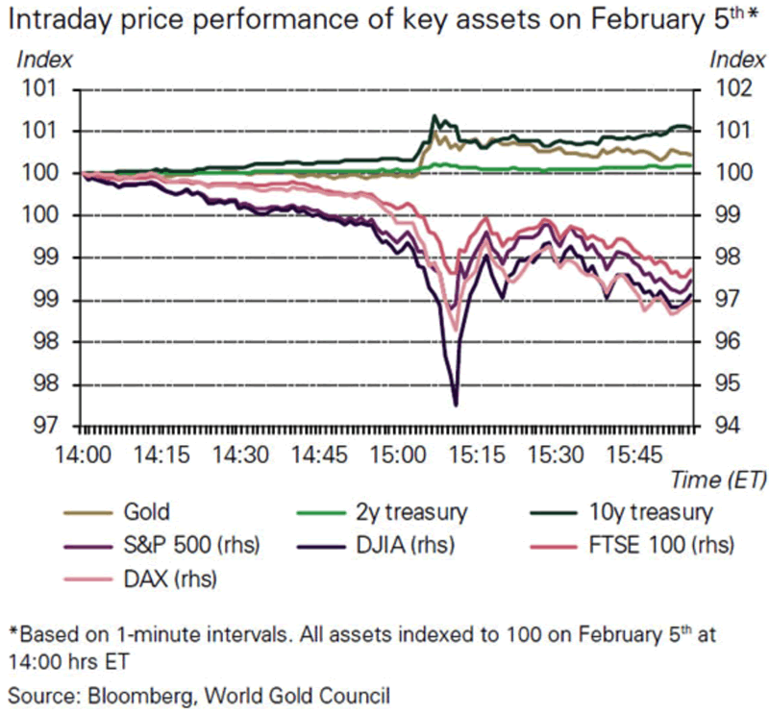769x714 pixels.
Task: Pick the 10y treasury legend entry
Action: point(654,511)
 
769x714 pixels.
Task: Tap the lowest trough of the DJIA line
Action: point(456,405)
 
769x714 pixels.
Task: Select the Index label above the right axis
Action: point(737,59)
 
